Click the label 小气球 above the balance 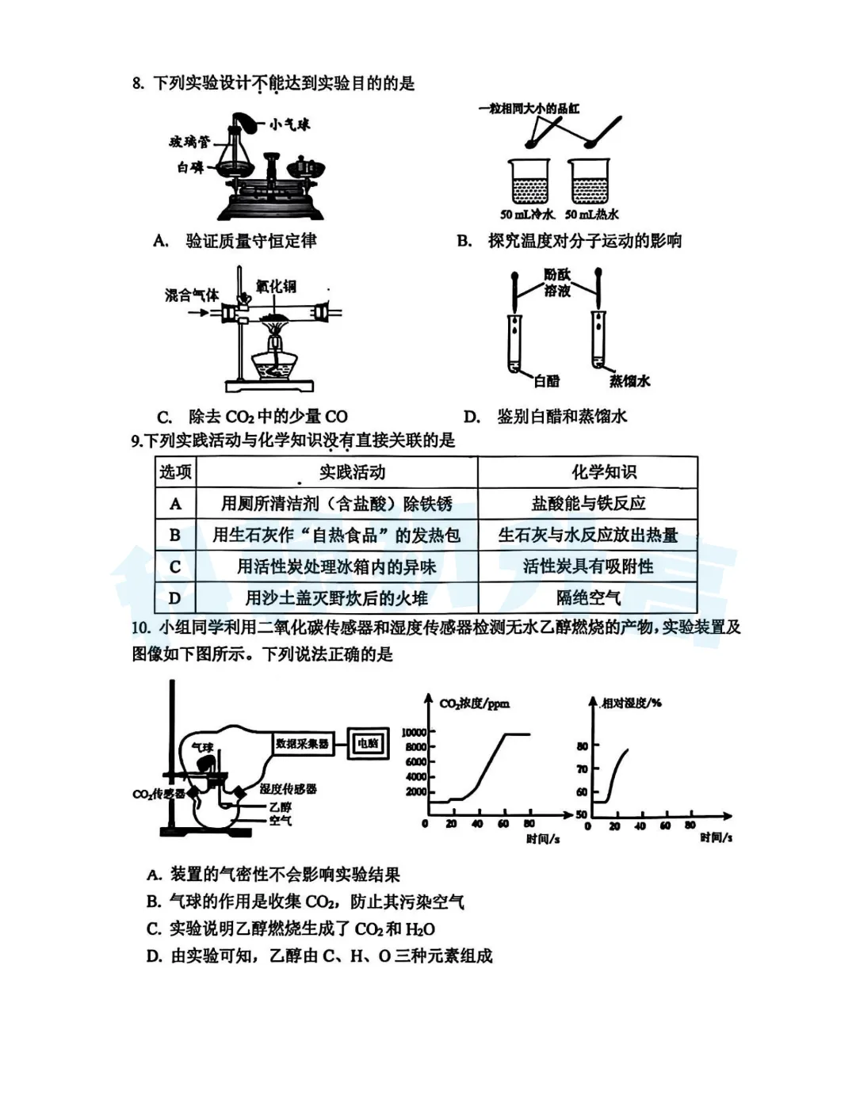click(x=289, y=125)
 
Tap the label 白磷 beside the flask click(x=190, y=168)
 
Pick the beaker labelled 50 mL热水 click(x=590, y=181)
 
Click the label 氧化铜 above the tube click(x=276, y=286)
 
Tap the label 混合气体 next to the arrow click(x=192, y=296)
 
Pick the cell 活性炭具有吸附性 click(x=588, y=566)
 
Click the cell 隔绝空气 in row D click(x=588, y=597)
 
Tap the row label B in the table click(x=175, y=536)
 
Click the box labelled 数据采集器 click(x=302, y=744)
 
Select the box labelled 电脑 click(x=368, y=744)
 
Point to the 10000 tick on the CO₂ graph click(x=414, y=732)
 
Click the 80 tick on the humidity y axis click(x=582, y=746)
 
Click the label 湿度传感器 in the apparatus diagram click(x=289, y=789)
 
